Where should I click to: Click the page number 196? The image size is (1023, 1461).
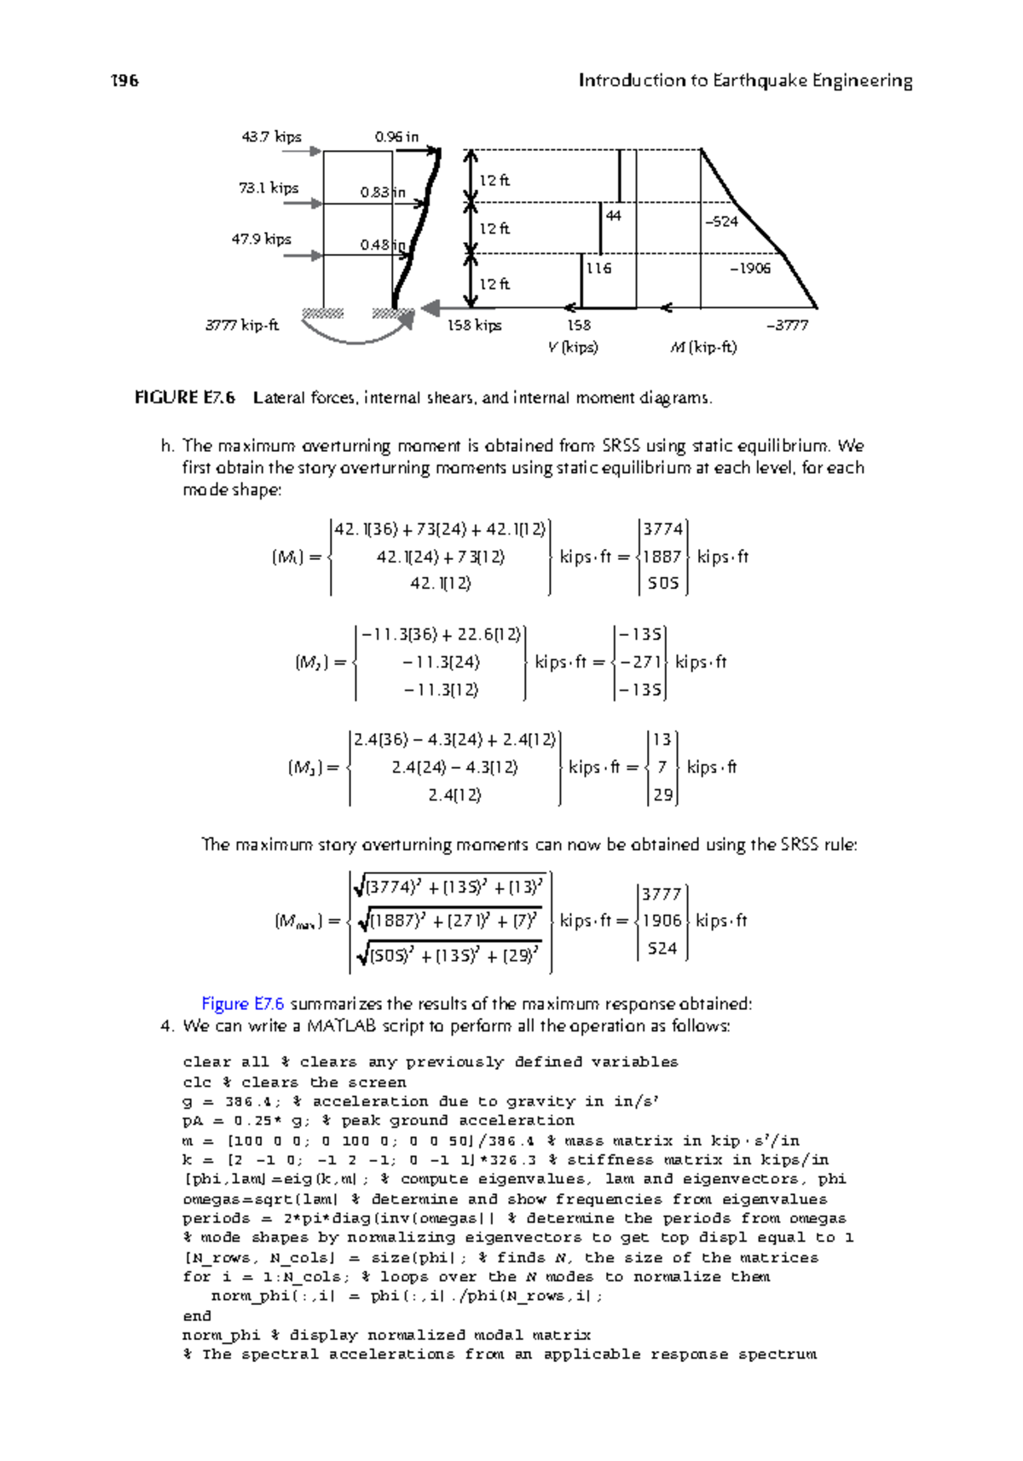point(124,81)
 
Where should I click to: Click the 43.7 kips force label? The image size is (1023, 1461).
point(271,136)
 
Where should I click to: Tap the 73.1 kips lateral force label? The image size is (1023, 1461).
point(269,188)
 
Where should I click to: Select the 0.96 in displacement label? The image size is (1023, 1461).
point(396,136)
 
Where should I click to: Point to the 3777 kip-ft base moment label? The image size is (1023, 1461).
point(242,325)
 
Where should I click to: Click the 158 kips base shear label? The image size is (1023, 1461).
point(474,325)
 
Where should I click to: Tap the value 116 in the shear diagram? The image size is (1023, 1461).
point(598,268)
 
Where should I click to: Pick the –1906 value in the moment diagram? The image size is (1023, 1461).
point(749,268)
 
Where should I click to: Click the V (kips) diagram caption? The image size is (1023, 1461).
point(573,347)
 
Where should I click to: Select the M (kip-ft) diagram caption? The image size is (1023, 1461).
point(703,347)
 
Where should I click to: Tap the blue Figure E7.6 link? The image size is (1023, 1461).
point(242,1003)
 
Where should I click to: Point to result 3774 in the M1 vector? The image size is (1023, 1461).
point(662,529)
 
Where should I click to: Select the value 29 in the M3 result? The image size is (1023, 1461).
point(662,794)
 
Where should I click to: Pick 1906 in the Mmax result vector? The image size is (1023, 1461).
point(662,921)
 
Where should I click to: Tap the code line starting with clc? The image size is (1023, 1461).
point(294,1082)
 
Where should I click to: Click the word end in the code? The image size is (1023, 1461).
point(196,1315)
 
